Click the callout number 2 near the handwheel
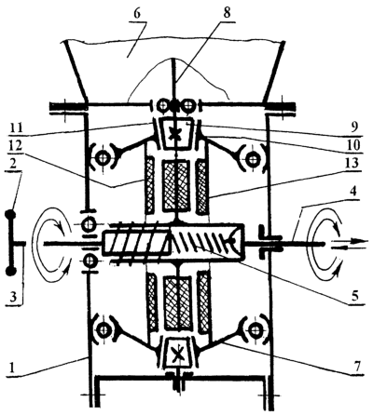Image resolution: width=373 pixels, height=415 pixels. (x=15, y=164)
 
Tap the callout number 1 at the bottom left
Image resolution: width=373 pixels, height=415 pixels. (x=11, y=368)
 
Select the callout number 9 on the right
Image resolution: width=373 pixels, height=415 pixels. (x=354, y=127)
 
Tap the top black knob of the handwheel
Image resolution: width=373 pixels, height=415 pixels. (x=11, y=215)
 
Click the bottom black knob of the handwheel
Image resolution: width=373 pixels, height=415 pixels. (x=11, y=272)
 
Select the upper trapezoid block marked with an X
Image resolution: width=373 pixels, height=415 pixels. (x=176, y=133)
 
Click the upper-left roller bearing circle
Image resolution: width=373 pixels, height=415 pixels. (x=102, y=158)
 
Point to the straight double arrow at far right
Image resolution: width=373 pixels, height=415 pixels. (x=349, y=243)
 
